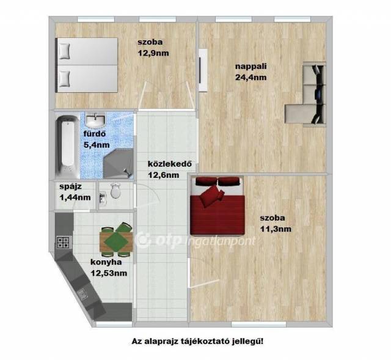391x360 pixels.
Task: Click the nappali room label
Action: (251, 67)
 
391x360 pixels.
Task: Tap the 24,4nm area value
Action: (251, 78)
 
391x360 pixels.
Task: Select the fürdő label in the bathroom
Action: (95, 134)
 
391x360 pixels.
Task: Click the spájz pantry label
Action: (71, 186)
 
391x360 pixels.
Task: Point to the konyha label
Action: (106, 262)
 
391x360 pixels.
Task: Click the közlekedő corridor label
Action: (170, 164)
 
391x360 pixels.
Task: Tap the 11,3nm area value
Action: (276, 229)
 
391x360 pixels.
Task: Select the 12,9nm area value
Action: (153, 53)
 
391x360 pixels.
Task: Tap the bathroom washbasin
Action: (95, 120)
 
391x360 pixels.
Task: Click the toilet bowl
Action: (115, 191)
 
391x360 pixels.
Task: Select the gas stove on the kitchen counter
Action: (63, 242)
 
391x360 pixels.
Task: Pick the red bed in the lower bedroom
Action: (217, 207)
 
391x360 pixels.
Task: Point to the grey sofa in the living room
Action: (305, 94)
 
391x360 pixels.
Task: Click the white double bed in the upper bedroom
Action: (87, 65)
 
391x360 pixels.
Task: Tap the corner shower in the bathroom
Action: (118, 163)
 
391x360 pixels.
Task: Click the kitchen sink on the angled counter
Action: (82, 295)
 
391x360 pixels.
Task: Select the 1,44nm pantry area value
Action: (75, 197)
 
